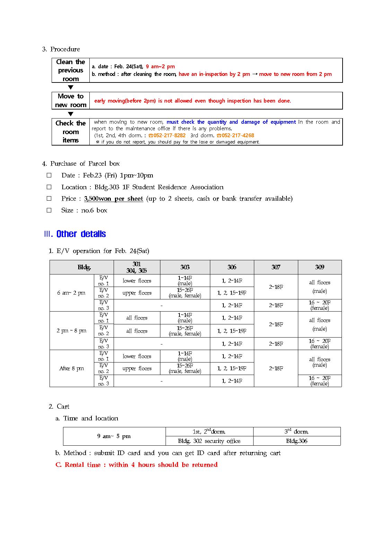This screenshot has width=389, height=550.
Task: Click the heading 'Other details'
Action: pyautogui.click(x=81, y=234)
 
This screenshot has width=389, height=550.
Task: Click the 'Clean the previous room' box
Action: pyautogui.click(x=71, y=70)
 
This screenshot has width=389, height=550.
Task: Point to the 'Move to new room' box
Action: pyautogui.click(x=71, y=101)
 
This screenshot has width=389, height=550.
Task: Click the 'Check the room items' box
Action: pyautogui.click(x=71, y=132)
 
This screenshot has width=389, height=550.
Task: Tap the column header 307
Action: pyautogui.click(x=276, y=267)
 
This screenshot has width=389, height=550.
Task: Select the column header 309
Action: pyautogui.click(x=319, y=267)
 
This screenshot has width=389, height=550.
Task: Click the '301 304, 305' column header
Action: pyautogui.click(x=137, y=267)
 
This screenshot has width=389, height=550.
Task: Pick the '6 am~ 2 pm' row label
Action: pyautogui.click(x=71, y=293)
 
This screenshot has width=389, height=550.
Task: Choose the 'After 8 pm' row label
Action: pyautogui.click(x=71, y=368)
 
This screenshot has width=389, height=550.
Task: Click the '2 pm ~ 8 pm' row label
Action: pyautogui.click(x=71, y=331)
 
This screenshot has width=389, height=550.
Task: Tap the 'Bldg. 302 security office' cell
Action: pyautogui.click(x=209, y=441)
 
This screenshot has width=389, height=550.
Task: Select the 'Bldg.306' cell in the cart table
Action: pyautogui.click(x=297, y=441)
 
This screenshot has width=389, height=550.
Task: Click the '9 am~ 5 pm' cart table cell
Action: pyautogui.click(x=114, y=436)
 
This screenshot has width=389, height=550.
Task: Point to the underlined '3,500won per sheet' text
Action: pyautogui.click(x=114, y=199)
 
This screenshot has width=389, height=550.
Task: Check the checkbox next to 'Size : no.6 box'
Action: pyautogui.click(x=49, y=210)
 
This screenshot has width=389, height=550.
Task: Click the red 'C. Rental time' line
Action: pyautogui.click(x=136, y=465)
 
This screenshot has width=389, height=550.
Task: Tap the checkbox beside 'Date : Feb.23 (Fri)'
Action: pyautogui.click(x=49, y=175)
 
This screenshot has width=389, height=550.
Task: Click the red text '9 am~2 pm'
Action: pyautogui.click(x=160, y=67)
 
